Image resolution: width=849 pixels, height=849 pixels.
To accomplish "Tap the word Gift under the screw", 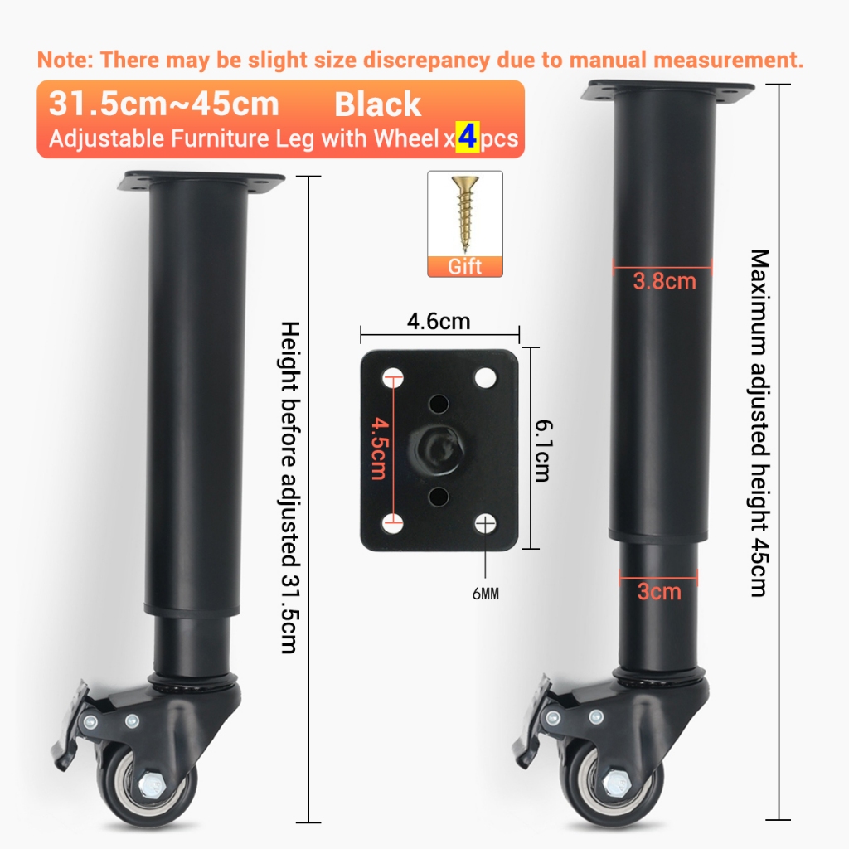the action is [x=464, y=266].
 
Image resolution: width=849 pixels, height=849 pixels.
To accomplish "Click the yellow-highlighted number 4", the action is [x=468, y=138].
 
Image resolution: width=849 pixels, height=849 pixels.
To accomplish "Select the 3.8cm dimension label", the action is [x=664, y=281].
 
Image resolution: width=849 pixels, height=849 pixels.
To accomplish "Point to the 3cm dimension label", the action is [x=659, y=591].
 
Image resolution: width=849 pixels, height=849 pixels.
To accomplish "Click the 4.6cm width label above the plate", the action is [x=439, y=321].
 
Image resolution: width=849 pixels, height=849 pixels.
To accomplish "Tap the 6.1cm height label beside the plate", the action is [x=543, y=450].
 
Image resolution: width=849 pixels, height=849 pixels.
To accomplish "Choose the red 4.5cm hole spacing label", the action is [x=379, y=449].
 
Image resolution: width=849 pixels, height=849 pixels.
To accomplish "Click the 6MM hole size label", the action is [x=486, y=594].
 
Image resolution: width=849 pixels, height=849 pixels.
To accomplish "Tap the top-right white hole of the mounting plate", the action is [x=485, y=377].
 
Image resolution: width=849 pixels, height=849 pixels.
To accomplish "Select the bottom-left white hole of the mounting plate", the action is [x=392, y=524].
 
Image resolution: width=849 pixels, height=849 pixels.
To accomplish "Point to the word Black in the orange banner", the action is [x=377, y=104].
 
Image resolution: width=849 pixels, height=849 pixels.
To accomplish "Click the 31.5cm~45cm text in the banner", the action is [x=163, y=104].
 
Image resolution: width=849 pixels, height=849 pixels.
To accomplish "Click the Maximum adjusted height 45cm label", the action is [x=759, y=423].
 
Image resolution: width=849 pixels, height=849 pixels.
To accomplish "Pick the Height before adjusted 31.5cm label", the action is [x=290, y=488].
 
